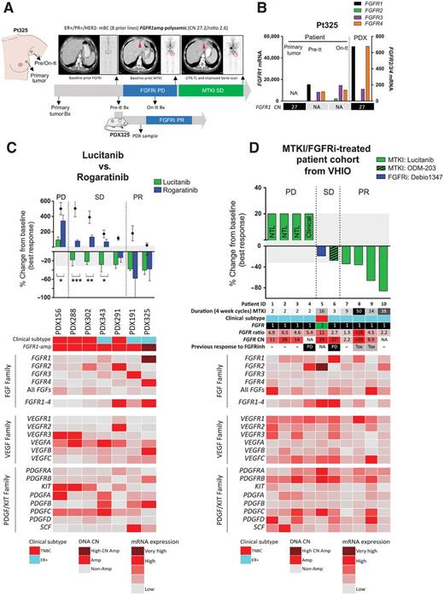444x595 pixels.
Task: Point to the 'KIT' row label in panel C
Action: pos(41,433)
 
